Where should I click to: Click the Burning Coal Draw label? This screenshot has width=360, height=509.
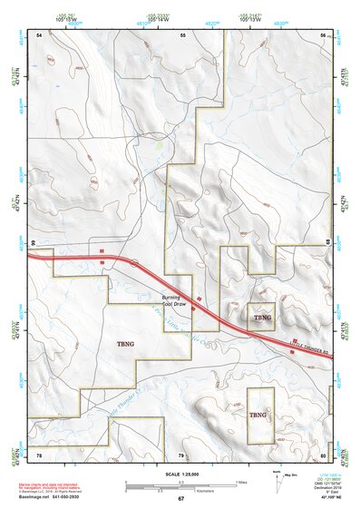[x=174, y=301]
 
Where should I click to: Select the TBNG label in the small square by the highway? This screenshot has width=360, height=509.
[x=261, y=318]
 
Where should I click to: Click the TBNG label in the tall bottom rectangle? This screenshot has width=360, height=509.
[x=259, y=416]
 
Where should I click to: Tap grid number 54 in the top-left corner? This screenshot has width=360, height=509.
[x=39, y=34]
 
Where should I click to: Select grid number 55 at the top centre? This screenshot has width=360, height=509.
[x=182, y=34]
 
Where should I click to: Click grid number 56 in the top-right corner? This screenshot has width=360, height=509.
[x=323, y=34]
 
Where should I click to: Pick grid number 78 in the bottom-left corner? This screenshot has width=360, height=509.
[x=39, y=455]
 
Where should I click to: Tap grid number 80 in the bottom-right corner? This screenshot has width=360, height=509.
[x=323, y=455]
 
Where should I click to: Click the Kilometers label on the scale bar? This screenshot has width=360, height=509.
[x=180, y=491]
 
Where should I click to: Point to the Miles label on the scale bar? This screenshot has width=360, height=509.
[x=240, y=482]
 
